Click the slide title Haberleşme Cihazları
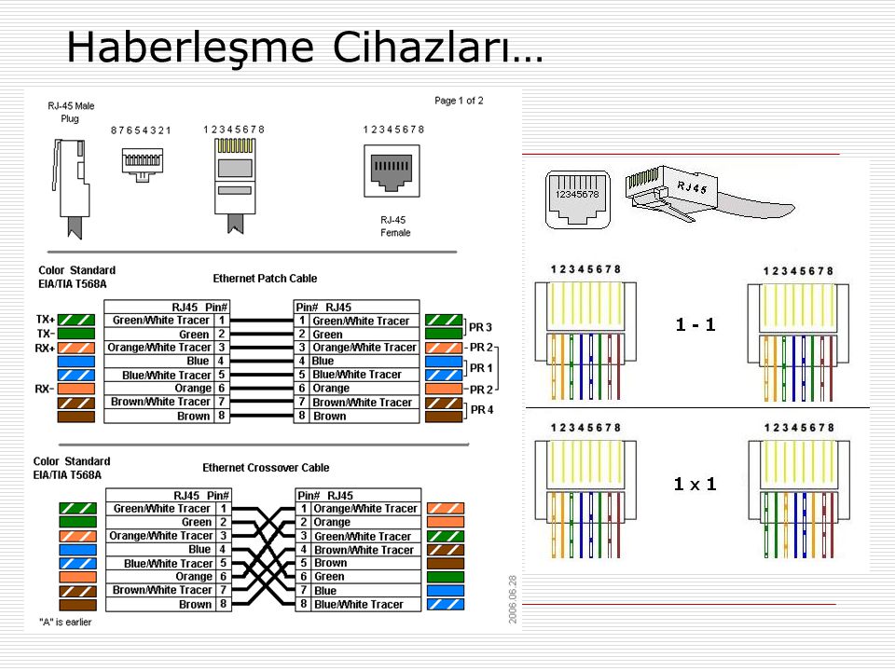pyautogui.click(x=305, y=48)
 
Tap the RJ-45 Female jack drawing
pyautogui.click(x=392, y=171)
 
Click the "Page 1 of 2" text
pyautogui.click(x=459, y=101)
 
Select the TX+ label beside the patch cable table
pyautogui.click(x=46, y=320)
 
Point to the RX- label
pyautogui.click(x=45, y=389)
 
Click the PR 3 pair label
pyautogui.click(x=480, y=327)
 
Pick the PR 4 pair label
pyautogui.click(x=482, y=410)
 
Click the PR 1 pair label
pyautogui.click(x=481, y=368)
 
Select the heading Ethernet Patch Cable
pyautogui.click(x=265, y=279)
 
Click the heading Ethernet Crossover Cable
pyautogui.click(x=266, y=468)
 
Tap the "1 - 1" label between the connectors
pyautogui.click(x=695, y=324)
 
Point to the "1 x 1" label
pyautogui.click(x=695, y=485)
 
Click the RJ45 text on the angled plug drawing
pyautogui.click(x=692, y=186)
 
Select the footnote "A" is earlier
pyautogui.click(x=65, y=622)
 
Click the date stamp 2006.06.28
pyautogui.click(x=513, y=599)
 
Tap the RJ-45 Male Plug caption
pyautogui.click(x=71, y=112)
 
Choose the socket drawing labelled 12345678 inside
pyautogui.click(x=578, y=199)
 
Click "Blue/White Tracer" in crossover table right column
pyautogui.click(x=358, y=604)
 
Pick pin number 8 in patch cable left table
pyautogui.click(x=222, y=416)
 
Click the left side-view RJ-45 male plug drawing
pyautogui.click(x=72, y=187)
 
